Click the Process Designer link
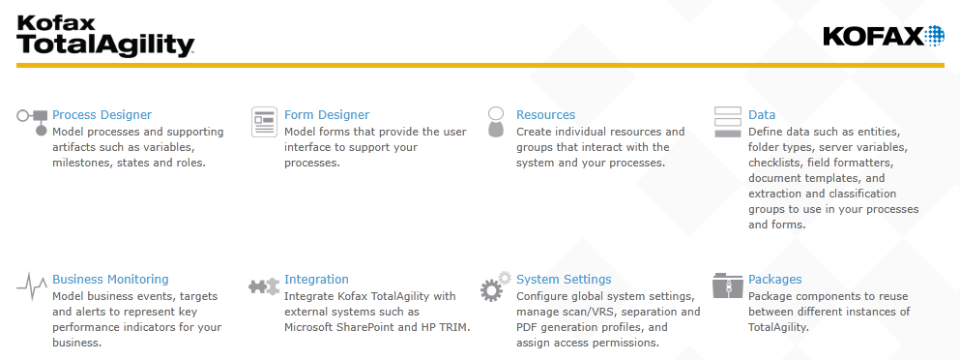[102, 115]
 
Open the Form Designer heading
[326, 115]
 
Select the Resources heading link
[545, 115]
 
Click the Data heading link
[761, 115]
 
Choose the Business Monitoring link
[110, 280]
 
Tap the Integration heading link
[316, 280]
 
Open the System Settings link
[563, 280]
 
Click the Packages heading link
[774, 280]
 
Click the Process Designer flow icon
[32, 121]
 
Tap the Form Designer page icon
[264, 121]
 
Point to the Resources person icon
[496, 121]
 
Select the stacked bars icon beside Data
[728, 121]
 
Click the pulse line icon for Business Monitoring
[32, 287]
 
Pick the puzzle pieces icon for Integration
[264, 287]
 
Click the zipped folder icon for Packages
[728, 286]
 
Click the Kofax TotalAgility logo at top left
[105, 35]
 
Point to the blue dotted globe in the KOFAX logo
[934, 36]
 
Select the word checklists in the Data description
[774, 162]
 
